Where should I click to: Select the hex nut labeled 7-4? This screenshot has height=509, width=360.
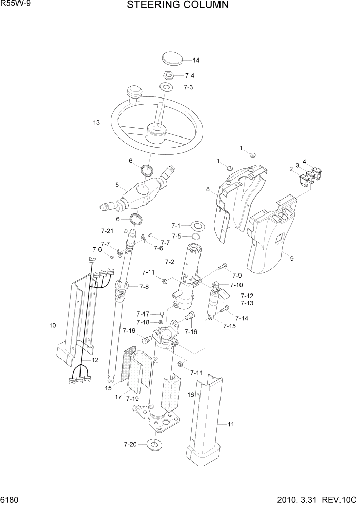[x=170, y=74]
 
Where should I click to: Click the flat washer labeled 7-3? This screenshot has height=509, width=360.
[x=167, y=86]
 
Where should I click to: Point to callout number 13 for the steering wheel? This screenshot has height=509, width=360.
[x=96, y=123]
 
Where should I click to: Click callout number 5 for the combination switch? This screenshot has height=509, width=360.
[x=117, y=185]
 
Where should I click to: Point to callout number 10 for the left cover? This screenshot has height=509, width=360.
[x=52, y=325]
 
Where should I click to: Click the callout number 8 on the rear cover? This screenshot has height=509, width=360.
[x=208, y=189]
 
